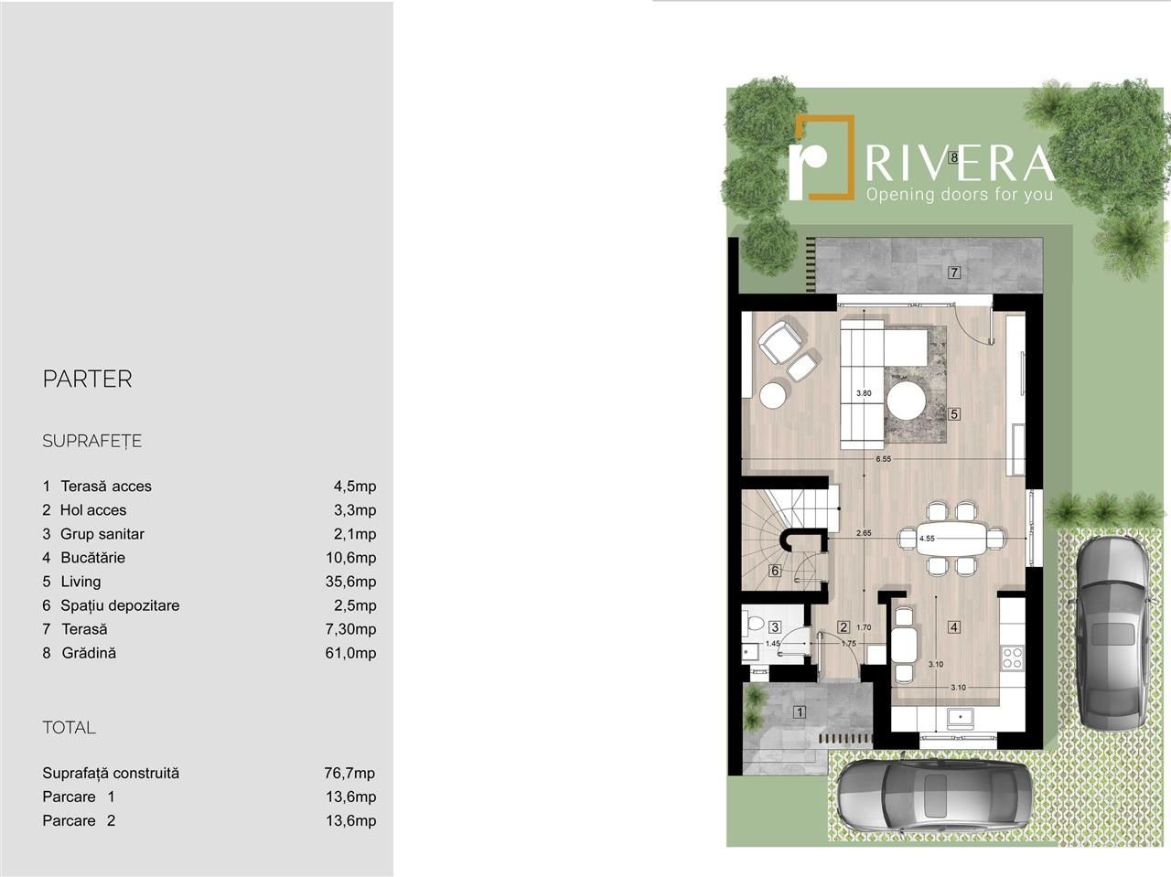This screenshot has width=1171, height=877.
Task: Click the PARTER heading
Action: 88,379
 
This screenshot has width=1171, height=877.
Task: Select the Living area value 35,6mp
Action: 350,582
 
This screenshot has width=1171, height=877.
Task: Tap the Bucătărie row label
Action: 92,558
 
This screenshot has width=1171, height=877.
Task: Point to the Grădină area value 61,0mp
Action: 350,653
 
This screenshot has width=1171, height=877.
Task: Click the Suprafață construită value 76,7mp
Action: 349,773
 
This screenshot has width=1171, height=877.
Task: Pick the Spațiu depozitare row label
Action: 120,605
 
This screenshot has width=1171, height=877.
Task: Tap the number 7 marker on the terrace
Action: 954,273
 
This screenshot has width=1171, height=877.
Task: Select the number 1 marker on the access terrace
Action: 800,711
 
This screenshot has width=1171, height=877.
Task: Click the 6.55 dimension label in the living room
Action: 883,458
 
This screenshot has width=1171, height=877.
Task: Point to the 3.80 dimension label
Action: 864,393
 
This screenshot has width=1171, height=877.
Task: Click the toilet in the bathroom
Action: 752,624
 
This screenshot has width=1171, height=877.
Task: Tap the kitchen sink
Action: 960,717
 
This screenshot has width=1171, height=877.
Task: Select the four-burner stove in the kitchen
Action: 1013,658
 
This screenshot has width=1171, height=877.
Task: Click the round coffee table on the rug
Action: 907,403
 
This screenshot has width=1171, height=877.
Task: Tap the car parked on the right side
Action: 1112,632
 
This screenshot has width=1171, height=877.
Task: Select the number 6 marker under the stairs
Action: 775,571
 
